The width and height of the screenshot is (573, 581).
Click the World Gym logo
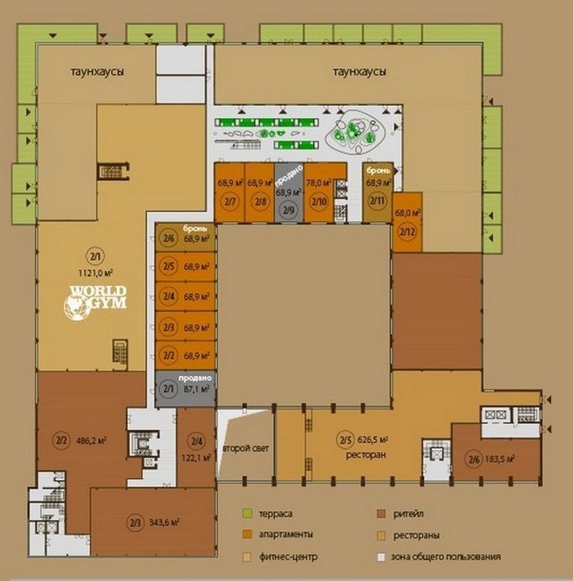coord(95,301)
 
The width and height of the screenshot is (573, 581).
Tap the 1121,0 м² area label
coord(96,273)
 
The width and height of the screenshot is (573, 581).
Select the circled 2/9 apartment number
coord(289,210)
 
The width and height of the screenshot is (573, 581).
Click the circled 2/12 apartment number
coord(407,232)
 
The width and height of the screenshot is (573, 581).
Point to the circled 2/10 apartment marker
coord(319,201)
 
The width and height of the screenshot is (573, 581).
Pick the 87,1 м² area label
coord(196,389)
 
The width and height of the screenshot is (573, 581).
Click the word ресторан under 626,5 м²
coord(366,454)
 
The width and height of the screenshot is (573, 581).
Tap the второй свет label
coord(246,449)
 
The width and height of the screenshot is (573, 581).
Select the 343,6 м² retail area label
coord(164,522)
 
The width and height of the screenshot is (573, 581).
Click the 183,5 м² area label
coord(499,459)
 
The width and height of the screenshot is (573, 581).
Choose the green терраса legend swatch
coord(247,514)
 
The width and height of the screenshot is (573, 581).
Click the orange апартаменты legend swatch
coord(247,534)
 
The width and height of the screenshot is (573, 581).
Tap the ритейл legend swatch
coord(381,514)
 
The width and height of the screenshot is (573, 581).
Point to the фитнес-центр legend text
coord(288,557)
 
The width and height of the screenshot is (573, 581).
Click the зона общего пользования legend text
coord(446,557)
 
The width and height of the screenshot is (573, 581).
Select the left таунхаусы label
coord(97,72)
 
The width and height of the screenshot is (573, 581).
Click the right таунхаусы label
coord(359,72)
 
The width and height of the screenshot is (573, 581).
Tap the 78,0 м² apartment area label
coord(318,183)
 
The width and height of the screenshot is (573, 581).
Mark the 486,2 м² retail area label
coord(91,440)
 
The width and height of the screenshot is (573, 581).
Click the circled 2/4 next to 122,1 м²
coord(196,441)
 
